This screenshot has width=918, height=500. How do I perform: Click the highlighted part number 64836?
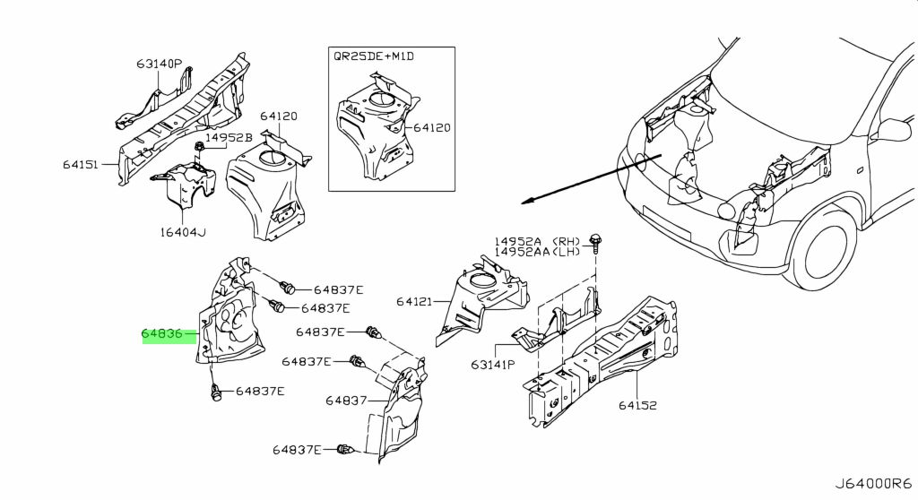tap(161, 334)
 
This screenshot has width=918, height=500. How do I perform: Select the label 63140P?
tap(160, 64)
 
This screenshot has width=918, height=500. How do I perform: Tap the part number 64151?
tap(81, 165)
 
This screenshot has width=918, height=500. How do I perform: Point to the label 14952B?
tap(229, 138)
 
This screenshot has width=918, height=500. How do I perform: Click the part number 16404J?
tap(183, 232)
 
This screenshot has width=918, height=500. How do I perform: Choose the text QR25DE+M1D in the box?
tap(374, 56)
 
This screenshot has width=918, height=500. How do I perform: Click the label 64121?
tap(414, 301)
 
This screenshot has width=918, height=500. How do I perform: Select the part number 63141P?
tap(493, 365)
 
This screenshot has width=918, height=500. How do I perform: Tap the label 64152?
tap(637, 405)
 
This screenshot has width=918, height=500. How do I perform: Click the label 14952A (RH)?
tap(537, 241)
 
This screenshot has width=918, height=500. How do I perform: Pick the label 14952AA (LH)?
tap(537, 252)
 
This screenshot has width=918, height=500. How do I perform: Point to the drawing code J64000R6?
tap(873, 484)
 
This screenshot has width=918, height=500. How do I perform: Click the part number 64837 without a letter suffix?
tap(346, 401)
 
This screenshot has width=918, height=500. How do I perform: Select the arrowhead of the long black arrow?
tap(526, 202)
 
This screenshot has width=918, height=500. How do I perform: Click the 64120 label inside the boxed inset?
tap(432, 127)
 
